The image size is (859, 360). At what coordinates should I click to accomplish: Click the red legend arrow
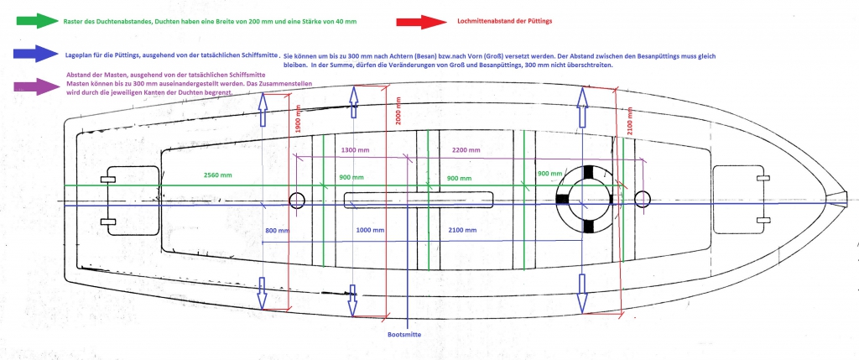pyautogui.click(x=424, y=20)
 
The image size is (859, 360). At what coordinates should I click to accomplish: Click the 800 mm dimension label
pyautogui.click(x=276, y=230)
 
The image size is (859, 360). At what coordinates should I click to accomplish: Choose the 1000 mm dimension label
pyautogui.click(x=369, y=230)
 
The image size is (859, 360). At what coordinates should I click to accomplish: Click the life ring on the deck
pyautogui.click(x=587, y=199)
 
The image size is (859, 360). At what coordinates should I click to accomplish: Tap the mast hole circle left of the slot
pyautogui.click(x=296, y=200)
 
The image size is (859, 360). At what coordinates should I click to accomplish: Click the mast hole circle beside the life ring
pyautogui.click(x=643, y=199)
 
